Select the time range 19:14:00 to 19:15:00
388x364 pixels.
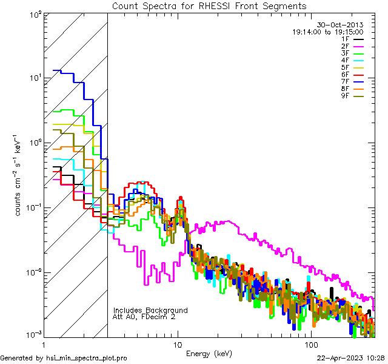click(327, 32)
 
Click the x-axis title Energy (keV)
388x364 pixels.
click(209, 353)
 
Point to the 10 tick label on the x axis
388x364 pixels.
click(178, 344)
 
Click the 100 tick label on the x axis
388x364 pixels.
click(310, 344)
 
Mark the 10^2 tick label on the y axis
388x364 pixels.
click(35, 13)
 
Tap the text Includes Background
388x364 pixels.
click(150, 310)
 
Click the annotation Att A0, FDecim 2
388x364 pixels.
click(144, 317)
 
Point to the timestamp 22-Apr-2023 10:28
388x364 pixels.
click(350, 358)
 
